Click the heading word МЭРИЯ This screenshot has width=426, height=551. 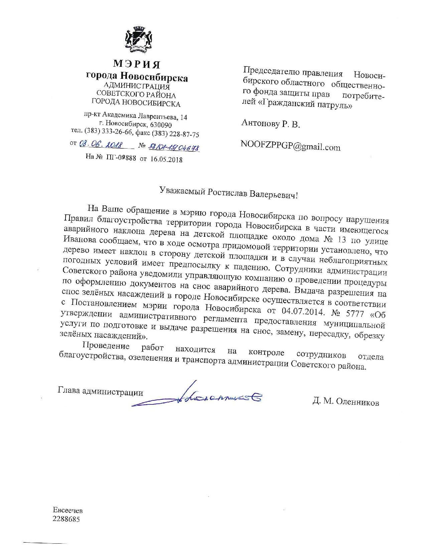pyautogui.click(x=137, y=63)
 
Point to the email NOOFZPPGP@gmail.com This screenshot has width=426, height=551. pyautogui.click(x=290, y=146)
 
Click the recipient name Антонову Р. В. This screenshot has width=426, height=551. pyautogui.click(x=271, y=125)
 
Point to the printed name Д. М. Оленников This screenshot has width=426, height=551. pyautogui.click(x=346, y=402)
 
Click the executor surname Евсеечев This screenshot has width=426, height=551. pyautogui.click(x=67, y=511)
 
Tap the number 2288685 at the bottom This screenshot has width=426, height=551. pyautogui.click(x=66, y=519)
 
